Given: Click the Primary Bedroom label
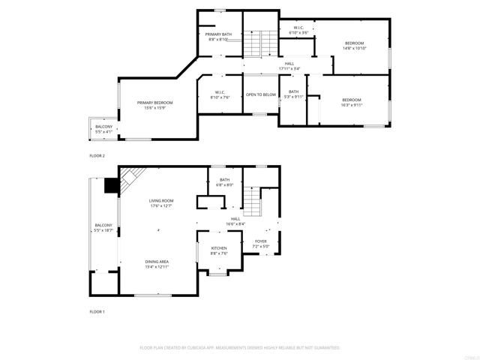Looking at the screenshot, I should pyautogui.click(x=155, y=103).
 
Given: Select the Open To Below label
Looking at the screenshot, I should pyautogui.click(x=261, y=94).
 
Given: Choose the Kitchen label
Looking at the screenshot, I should pyautogui.click(x=219, y=248).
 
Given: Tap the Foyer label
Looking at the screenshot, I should pyautogui.click(x=260, y=241).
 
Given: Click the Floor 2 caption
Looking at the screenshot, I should pyautogui.click(x=97, y=155).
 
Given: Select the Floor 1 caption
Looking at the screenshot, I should pyautogui.click(x=97, y=311).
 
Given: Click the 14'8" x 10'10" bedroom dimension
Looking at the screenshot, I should pyautogui.click(x=354, y=49).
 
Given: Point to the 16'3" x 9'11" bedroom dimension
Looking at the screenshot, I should pyautogui.click(x=352, y=106).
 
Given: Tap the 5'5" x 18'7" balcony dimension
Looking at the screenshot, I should pyautogui.click(x=103, y=230).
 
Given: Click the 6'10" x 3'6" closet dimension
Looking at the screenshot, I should pyautogui.click(x=298, y=33).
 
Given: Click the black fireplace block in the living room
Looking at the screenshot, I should pyautogui.click(x=112, y=185).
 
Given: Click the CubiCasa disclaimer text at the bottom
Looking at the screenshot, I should pyautogui.click(x=240, y=348).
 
